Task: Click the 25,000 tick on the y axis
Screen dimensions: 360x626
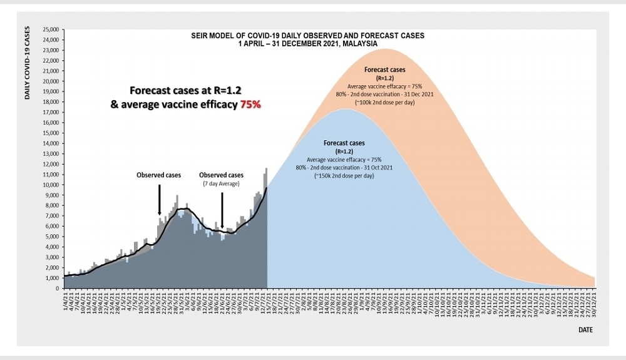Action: pos(51,29)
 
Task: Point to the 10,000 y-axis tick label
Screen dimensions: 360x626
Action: pos(51,185)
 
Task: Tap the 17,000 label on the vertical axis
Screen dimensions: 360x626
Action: pos(51,112)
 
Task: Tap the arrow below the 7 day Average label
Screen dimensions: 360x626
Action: pos(222,210)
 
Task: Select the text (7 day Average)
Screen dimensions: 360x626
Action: pos(221,183)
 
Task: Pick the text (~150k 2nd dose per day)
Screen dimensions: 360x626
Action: pos(344,176)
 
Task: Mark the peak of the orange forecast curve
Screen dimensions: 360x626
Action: pos(386,49)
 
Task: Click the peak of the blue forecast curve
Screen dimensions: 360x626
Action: pos(345,109)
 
